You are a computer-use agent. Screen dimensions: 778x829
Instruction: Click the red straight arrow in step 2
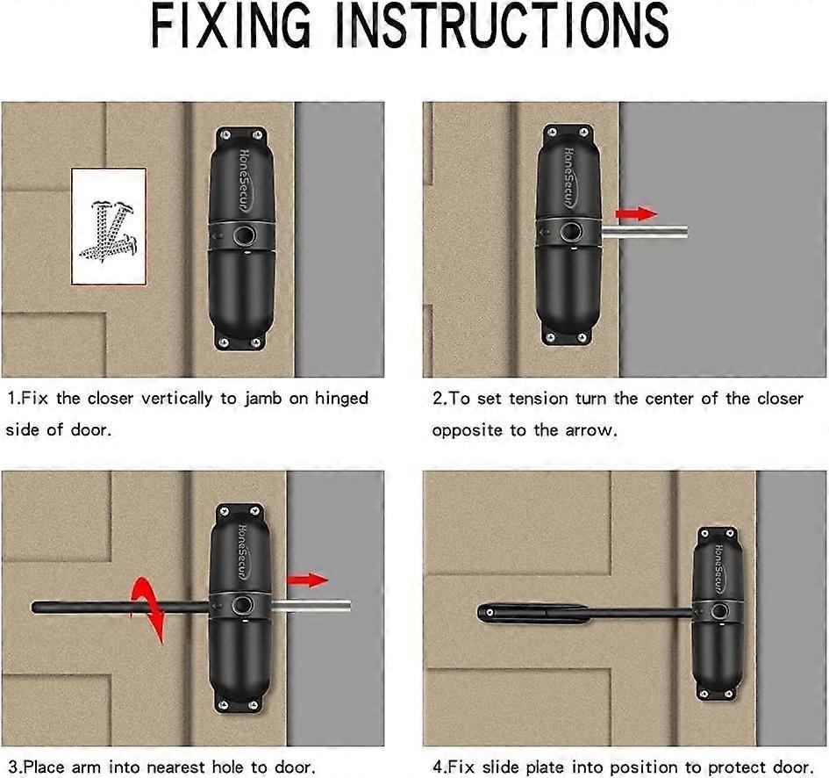(635, 213)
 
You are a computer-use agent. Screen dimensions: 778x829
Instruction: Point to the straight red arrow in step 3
(306, 580)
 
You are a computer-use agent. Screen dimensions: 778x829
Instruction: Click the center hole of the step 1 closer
(243, 235)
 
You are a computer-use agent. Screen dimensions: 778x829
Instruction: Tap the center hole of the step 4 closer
(719, 612)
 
